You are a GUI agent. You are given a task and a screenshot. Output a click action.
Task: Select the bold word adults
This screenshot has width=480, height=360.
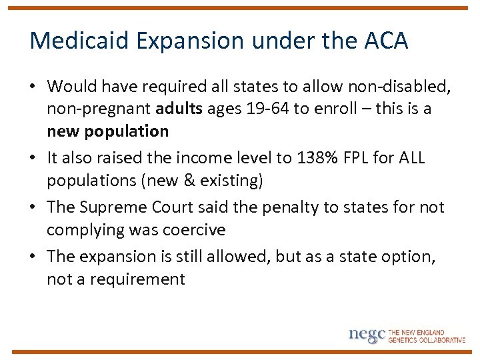(179, 109)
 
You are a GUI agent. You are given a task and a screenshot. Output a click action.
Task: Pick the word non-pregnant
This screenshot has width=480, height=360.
(98, 109)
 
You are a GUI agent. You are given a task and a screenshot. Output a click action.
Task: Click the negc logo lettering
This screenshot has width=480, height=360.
(367, 335)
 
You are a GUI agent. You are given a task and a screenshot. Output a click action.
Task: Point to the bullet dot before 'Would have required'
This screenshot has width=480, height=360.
(34, 87)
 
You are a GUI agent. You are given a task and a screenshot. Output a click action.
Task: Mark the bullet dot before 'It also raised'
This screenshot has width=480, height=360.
(34, 159)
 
